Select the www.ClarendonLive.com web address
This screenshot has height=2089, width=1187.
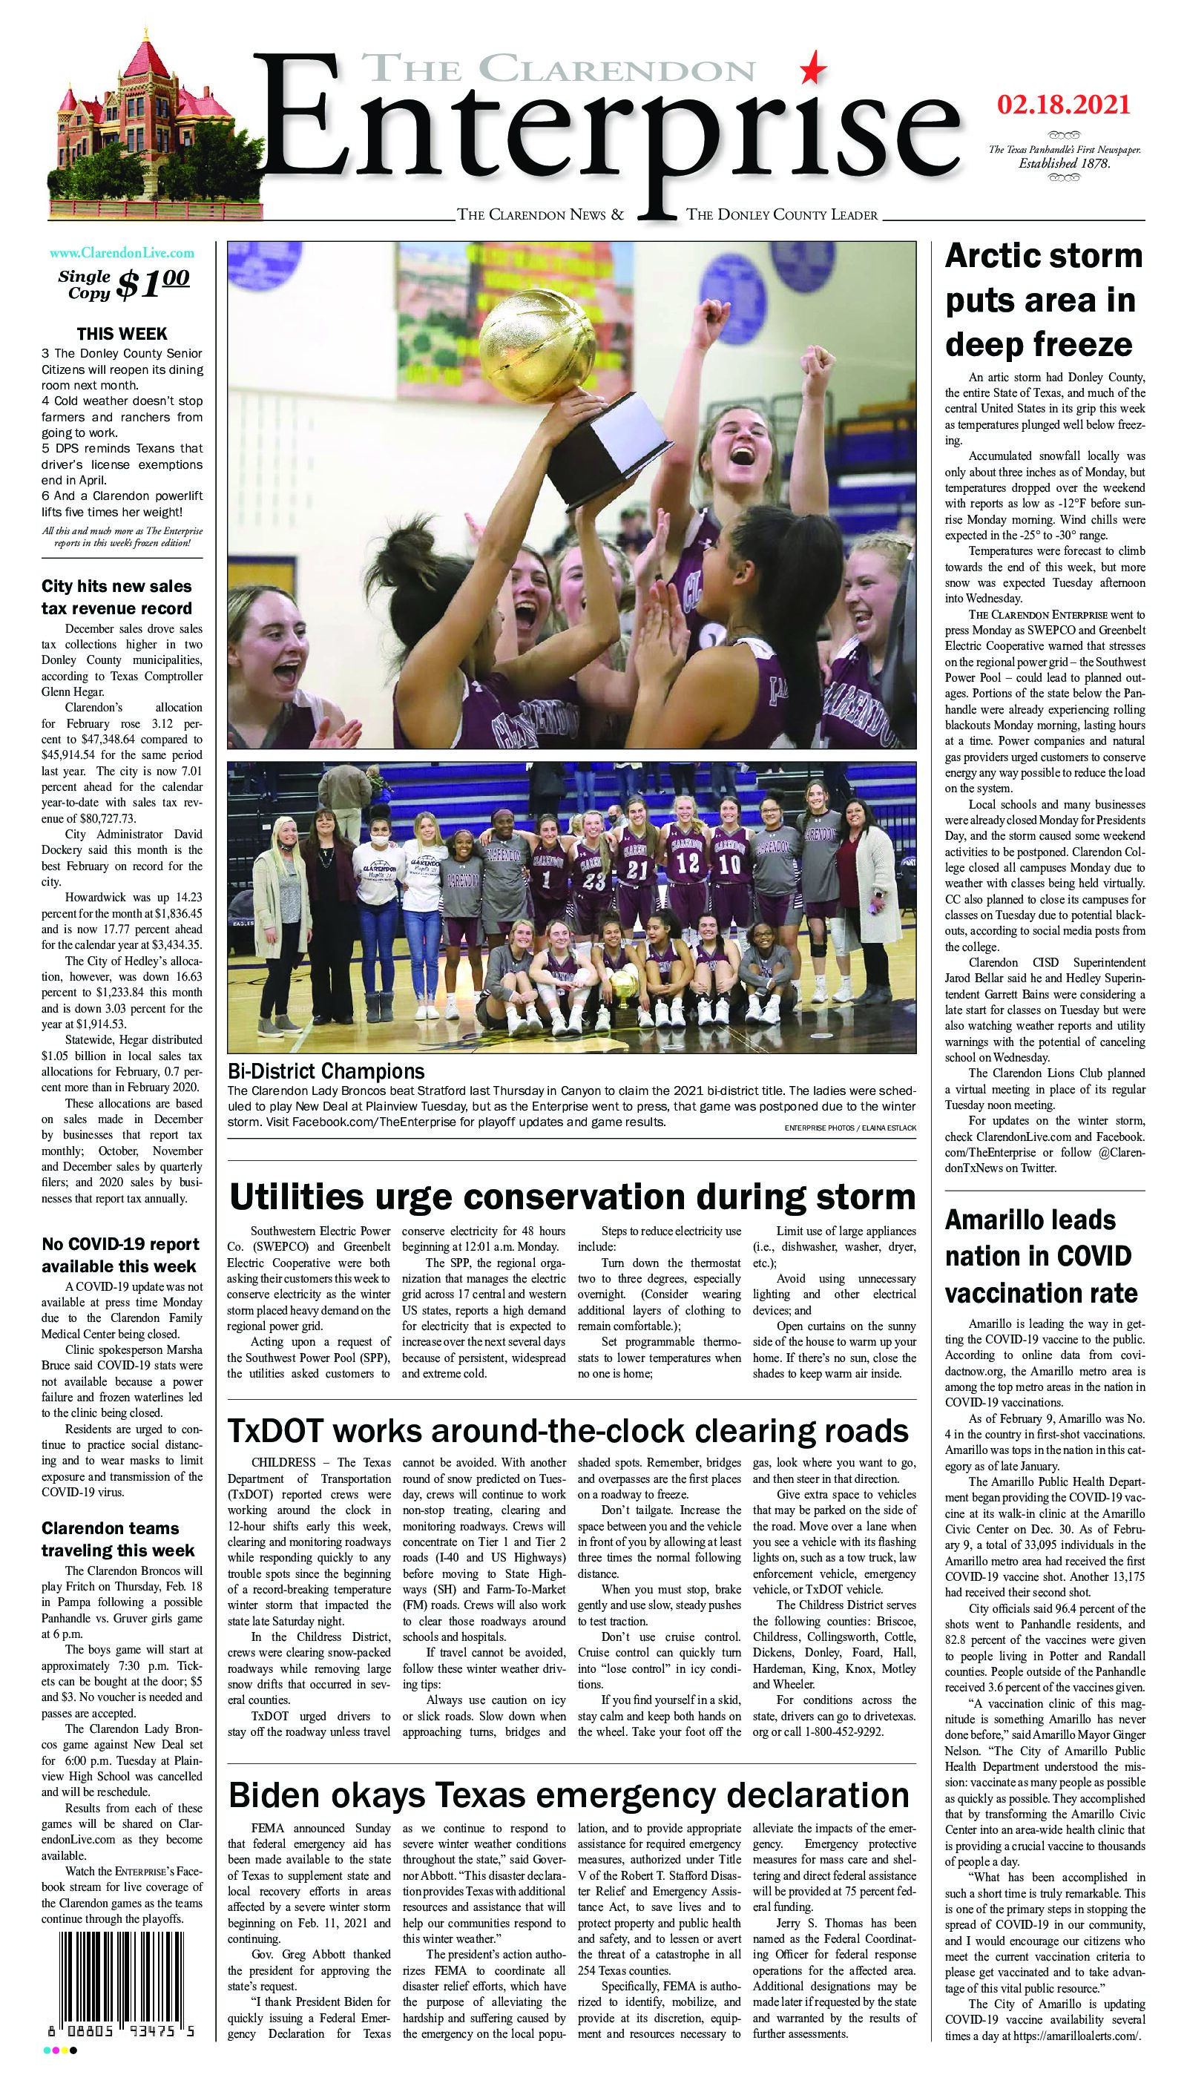pyautogui.click(x=122, y=254)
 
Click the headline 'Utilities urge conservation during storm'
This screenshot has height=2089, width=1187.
pyautogui.click(x=572, y=1197)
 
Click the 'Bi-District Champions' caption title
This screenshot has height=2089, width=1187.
pyautogui.click(x=326, y=1070)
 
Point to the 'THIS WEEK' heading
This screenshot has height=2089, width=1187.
pyautogui.click(x=122, y=333)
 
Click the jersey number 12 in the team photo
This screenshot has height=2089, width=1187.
pyautogui.click(x=689, y=861)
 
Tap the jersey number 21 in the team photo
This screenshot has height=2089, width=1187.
pyautogui.click(x=637, y=869)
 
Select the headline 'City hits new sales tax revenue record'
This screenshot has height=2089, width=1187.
pyautogui.click(x=116, y=596)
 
